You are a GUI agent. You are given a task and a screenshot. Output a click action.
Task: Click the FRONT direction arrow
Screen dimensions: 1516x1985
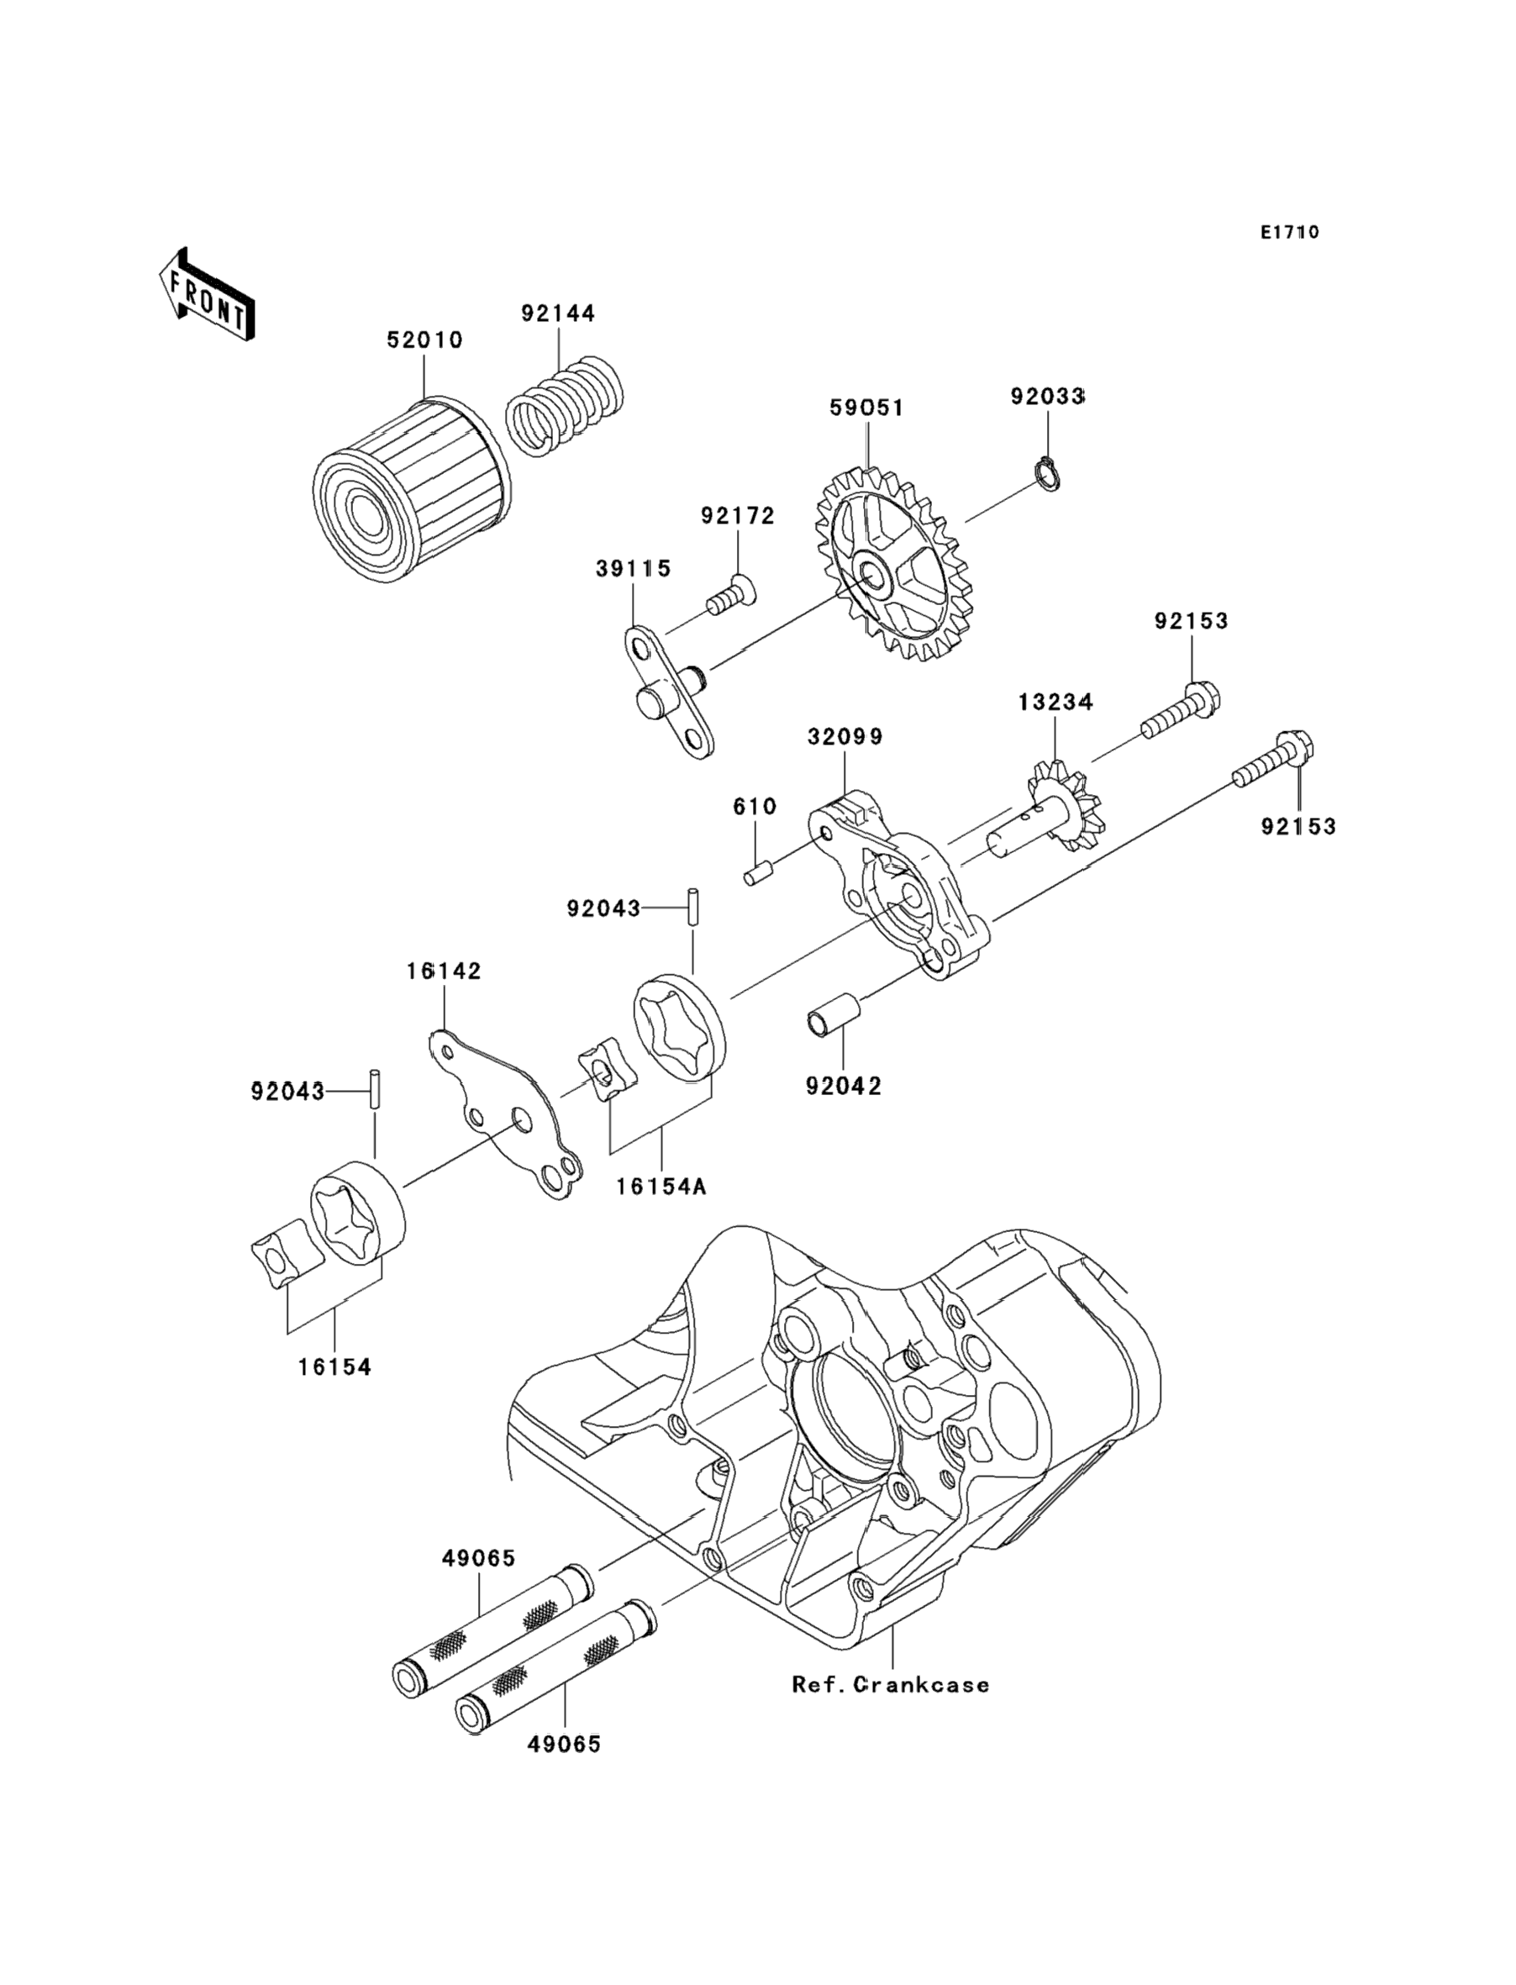(x=207, y=296)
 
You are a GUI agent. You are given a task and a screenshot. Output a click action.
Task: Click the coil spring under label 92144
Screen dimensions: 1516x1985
(x=564, y=406)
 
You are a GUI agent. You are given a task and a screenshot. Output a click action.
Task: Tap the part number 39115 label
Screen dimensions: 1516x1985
(x=634, y=568)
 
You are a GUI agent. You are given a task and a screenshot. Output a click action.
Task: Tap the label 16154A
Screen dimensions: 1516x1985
(x=661, y=1187)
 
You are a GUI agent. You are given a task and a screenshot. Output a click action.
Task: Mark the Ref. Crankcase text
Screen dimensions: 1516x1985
(x=891, y=1684)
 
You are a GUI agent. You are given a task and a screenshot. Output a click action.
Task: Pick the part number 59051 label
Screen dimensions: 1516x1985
(x=866, y=408)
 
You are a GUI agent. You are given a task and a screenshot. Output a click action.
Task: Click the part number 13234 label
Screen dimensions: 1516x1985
(x=1055, y=701)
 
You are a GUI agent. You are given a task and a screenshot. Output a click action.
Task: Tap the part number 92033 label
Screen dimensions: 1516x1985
(x=1047, y=396)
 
